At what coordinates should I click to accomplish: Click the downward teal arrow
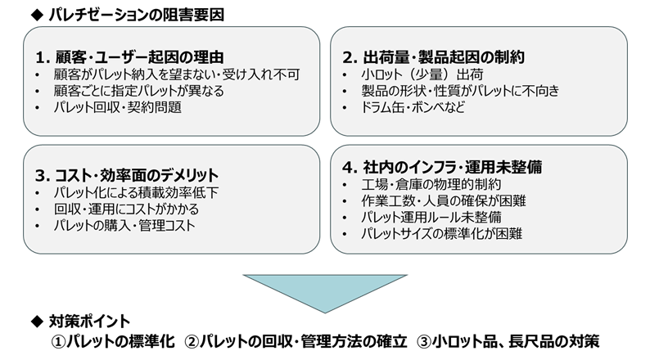click(326, 291)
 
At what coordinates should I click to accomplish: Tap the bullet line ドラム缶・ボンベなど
click(413, 107)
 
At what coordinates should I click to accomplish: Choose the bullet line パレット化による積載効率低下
click(134, 192)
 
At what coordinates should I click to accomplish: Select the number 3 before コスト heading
click(41, 175)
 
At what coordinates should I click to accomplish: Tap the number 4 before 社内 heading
click(348, 168)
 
